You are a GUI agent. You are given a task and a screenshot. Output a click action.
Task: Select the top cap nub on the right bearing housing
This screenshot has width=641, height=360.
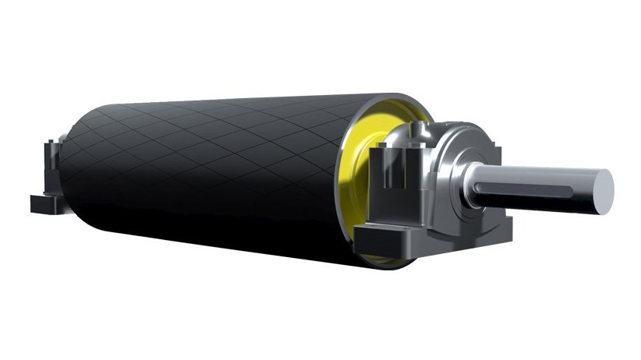[x=437, y=125]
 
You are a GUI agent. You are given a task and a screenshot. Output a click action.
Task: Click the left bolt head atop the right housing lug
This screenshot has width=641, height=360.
[x=377, y=148]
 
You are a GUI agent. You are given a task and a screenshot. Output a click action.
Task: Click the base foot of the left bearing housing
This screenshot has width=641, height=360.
[x=47, y=204]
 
